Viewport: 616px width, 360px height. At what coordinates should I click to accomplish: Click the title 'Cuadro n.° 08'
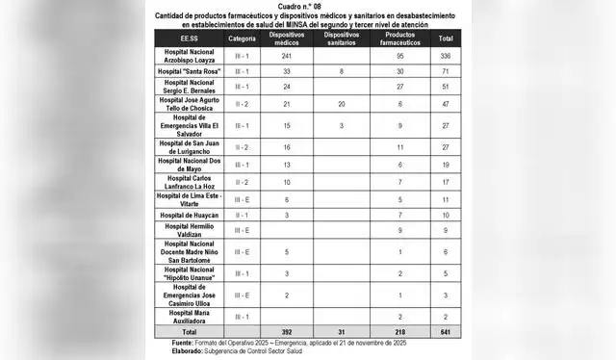pyautogui.click(x=308, y=6)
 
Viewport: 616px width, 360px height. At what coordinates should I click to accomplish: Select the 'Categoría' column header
pyautogui.click(x=243, y=39)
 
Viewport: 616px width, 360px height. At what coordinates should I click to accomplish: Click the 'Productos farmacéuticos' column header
pyautogui.click(x=398, y=39)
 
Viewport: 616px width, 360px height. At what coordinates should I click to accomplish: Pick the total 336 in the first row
pyautogui.click(x=446, y=56)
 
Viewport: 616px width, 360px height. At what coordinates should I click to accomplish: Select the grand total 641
pyautogui.click(x=446, y=330)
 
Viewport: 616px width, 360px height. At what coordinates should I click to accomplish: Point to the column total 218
pyautogui.click(x=398, y=330)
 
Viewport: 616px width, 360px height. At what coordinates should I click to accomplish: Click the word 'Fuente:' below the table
pyautogui.click(x=183, y=342)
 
